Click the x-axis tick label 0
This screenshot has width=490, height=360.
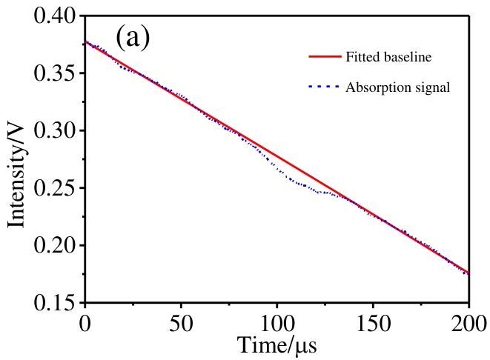(85, 323)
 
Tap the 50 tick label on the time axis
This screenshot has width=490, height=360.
(181, 323)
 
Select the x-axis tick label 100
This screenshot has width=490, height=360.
(277, 323)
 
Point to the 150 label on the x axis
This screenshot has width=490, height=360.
(372, 323)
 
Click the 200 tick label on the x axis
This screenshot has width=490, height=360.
(468, 323)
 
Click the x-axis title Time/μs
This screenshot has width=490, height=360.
(277, 345)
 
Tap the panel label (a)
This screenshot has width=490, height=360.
(133, 37)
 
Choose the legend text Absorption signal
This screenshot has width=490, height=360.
(397, 87)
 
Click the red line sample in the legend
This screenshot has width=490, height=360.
(323, 56)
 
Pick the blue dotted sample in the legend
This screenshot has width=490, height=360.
(323, 87)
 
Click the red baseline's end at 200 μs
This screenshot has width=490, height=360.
(469, 272)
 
